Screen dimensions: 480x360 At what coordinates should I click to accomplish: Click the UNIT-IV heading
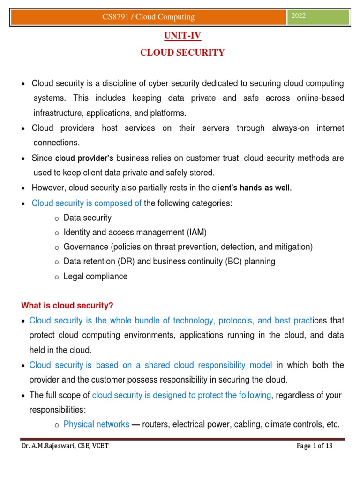coord(182,36)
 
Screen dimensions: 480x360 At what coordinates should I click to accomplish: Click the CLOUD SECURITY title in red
coord(182,52)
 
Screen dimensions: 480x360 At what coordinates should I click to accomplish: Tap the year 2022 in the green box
coord(299,16)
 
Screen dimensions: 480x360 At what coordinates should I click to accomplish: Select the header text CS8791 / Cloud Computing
coord(148,17)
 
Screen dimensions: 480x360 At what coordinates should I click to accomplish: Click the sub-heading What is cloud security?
coord(67,306)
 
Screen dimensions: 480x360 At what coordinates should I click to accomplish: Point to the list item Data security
coord(88,218)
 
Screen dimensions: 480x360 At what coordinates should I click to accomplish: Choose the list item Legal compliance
coord(96,276)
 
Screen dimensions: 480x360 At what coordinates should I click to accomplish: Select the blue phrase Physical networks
coord(96,425)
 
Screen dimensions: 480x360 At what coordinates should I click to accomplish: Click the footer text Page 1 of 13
coord(315,446)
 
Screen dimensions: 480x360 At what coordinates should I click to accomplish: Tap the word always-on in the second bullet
coord(290,128)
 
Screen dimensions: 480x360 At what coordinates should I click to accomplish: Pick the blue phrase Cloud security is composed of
coord(86,203)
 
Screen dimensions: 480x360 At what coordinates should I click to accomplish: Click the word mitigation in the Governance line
coord(293,247)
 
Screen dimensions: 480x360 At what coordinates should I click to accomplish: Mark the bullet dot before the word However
coord(24,188)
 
